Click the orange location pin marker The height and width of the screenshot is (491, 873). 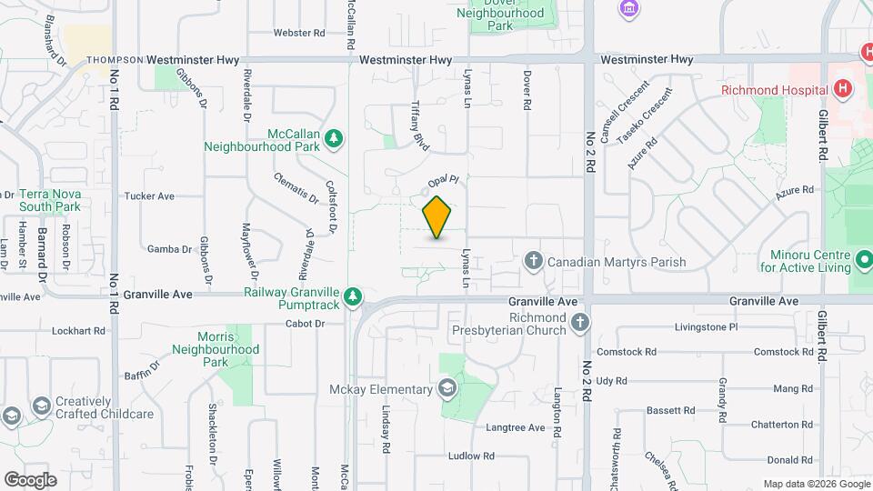(437, 216)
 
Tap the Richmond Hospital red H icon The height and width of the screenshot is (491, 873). (844, 89)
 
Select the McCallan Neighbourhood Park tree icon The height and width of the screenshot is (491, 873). (335, 137)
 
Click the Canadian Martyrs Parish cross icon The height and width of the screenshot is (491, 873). (534, 262)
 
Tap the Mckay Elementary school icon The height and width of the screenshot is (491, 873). (446, 390)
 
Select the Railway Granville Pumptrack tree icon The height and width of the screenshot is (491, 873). (352, 297)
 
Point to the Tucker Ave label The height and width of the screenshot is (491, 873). (149, 195)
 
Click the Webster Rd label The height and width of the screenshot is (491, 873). (299, 33)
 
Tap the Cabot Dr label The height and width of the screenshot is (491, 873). (305, 323)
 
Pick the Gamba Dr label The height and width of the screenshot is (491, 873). (169, 248)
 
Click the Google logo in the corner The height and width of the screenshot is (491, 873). (31, 478)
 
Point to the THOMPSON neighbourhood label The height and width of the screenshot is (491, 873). (115, 60)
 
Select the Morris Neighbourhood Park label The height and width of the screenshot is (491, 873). (216, 349)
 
